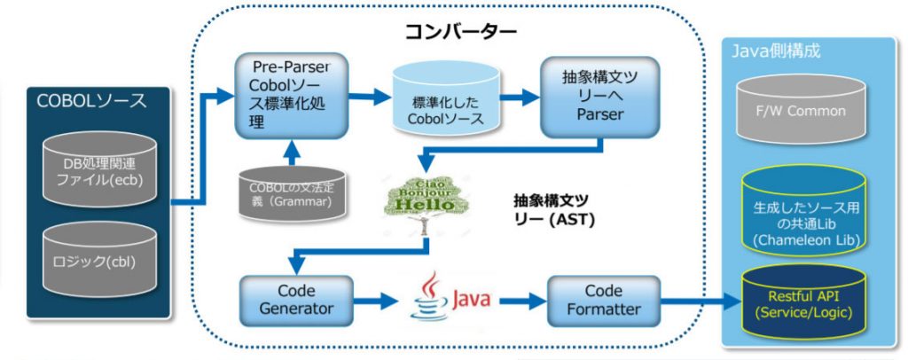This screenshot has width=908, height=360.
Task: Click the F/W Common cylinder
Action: coord(806,111)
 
